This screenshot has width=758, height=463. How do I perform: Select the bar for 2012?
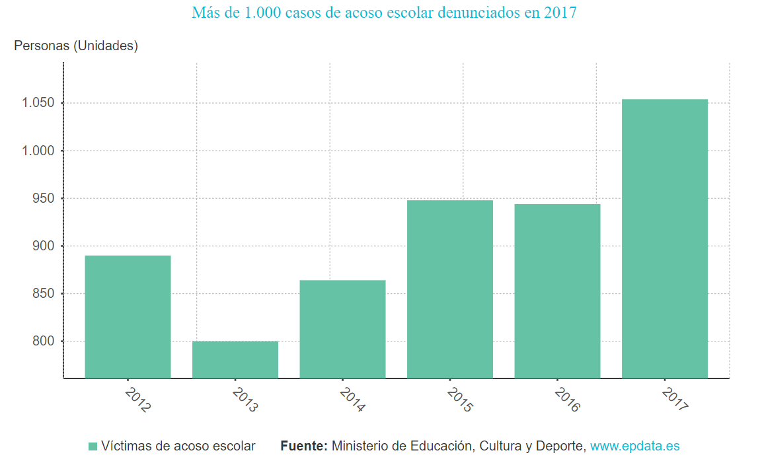(128, 316)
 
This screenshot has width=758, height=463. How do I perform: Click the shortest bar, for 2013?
(235, 359)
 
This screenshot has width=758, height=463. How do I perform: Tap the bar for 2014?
(342, 329)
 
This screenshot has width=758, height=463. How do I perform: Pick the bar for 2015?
(449, 289)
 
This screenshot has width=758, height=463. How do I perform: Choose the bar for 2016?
(557, 291)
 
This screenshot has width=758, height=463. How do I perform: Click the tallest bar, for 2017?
(664, 238)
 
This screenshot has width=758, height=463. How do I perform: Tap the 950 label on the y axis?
(44, 198)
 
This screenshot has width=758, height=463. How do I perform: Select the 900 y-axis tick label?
(44, 246)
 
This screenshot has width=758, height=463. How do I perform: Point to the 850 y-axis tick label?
(44, 293)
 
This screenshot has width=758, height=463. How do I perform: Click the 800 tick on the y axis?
(44, 341)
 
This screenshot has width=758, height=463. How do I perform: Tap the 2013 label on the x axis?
(245, 400)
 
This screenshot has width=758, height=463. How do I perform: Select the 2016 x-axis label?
(567, 400)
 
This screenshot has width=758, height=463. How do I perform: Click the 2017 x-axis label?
(675, 400)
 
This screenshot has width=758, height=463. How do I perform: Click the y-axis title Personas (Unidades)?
(76, 46)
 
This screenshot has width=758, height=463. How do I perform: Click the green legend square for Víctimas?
(93, 446)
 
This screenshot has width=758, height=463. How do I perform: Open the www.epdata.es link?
(634, 446)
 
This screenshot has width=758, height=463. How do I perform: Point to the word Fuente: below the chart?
(303, 446)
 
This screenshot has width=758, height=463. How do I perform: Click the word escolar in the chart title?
(402, 13)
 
